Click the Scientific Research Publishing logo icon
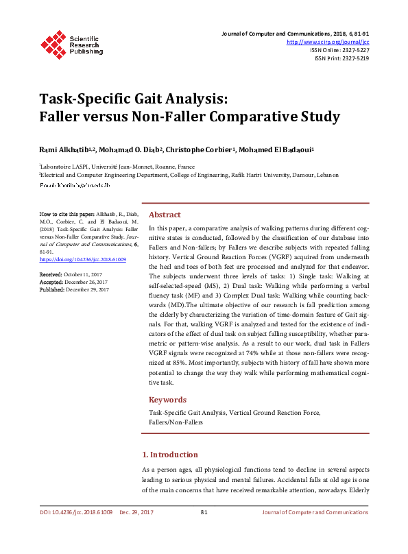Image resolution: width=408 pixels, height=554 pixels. (x=53, y=43)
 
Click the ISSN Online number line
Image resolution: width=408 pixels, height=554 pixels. (x=339, y=50)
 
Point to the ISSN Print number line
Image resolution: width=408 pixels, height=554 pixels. (x=341, y=58)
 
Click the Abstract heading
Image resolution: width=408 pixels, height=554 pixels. (x=165, y=215)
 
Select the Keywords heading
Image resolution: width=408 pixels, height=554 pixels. (x=168, y=399)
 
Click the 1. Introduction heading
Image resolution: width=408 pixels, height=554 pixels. (x=170, y=454)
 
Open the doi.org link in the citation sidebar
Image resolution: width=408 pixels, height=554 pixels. (x=83, y=260)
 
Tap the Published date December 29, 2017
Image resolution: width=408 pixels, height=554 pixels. (x=88, y=289)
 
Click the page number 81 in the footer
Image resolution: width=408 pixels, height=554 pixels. (x=204, y=512)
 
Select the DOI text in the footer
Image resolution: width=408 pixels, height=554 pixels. (x=76, y=512)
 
